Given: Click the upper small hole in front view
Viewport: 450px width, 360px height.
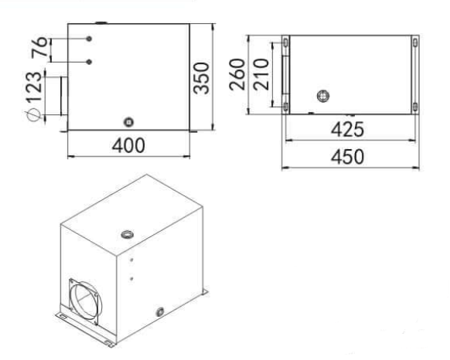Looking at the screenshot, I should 90,39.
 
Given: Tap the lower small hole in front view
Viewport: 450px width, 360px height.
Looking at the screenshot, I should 90,61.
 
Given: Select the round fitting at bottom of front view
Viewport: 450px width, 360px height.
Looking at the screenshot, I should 128,121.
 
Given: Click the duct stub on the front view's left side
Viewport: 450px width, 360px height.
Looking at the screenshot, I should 60,97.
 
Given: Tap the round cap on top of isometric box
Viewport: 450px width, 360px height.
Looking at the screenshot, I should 126,233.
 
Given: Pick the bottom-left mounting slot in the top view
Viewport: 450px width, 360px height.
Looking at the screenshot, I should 286,106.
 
